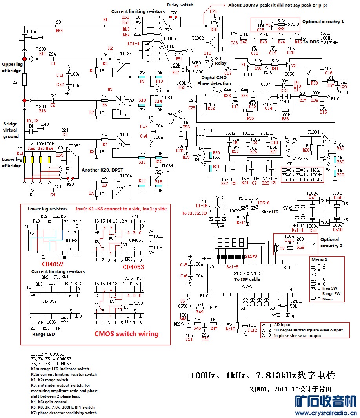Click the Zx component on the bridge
pos(24,80)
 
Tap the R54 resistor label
pos(59,30)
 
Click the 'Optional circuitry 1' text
pos(323,22)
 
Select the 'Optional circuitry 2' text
pos(329,242)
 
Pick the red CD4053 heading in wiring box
pos(133,267)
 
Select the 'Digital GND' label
pos(215,77)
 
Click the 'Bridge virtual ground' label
pos(11,130)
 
